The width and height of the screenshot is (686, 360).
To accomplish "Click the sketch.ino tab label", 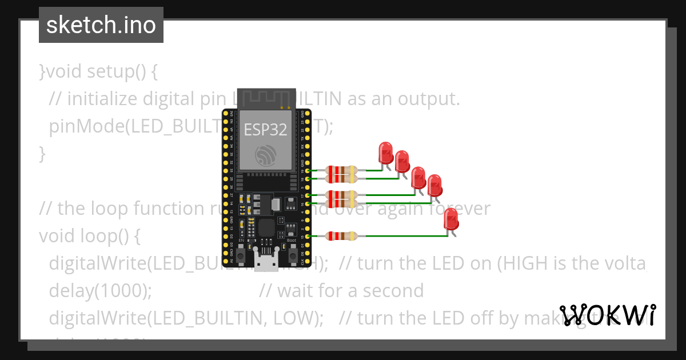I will point(101,25).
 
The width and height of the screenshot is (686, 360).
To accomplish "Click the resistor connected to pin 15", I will point(341,236).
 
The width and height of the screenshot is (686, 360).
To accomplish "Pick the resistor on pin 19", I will point(341,170).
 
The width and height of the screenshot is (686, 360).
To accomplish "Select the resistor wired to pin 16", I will point(341,203).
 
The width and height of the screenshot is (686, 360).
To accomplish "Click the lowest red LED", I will point(451,219).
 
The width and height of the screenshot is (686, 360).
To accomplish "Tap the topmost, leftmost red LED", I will point(386,153).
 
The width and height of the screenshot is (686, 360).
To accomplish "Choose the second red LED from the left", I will point(402,161).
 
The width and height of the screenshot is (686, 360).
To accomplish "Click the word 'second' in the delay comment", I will point(394,291).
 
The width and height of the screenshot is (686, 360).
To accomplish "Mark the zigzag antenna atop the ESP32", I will point(265,98).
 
